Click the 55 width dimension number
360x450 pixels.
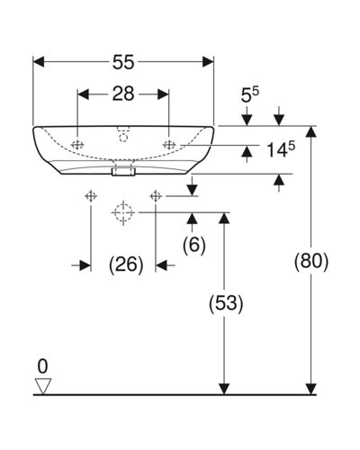(123, 63)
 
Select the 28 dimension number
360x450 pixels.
(123, 94)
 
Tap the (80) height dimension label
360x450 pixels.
(311, 261)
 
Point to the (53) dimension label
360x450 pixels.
(226, 303)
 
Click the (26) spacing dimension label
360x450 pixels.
(126, 265)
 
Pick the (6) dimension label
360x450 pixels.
(194, 245)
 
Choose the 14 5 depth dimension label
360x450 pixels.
(281, 149)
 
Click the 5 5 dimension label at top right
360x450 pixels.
(250, 95)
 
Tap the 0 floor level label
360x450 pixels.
(42, 366)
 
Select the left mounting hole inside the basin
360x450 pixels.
(77, 145)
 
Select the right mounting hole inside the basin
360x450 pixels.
(169, 145)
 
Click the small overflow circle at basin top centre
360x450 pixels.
(123, 138)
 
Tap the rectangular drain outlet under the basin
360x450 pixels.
(123, 172)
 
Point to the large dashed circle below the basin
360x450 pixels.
(123, 212)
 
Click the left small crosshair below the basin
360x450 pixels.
(91, 196)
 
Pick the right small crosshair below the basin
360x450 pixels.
(156, 196)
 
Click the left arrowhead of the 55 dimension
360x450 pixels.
(39, 62)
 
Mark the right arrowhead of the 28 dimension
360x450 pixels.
(163, 94)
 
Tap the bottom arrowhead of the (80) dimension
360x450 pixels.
(311, 389)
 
